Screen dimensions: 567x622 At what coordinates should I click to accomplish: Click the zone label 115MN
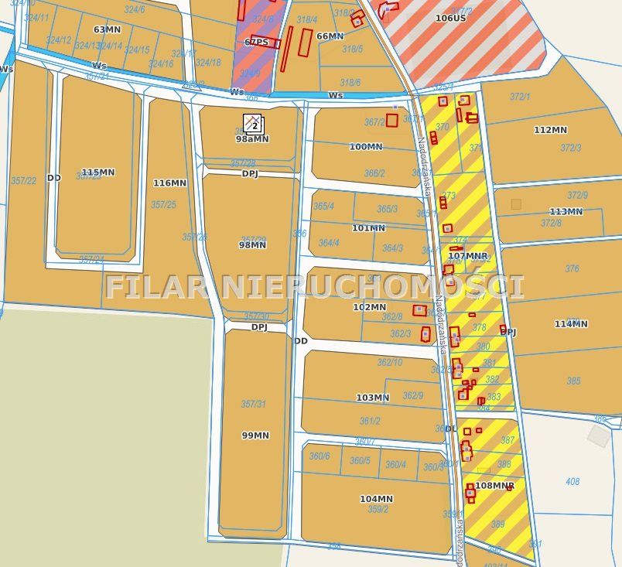coord(97,172)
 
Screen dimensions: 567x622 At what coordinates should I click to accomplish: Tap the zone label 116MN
coord(169,183)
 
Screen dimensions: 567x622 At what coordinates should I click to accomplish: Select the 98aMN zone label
coord(252,139)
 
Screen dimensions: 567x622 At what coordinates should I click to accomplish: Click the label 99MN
coord(255,435)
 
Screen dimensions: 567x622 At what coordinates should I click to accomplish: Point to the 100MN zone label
coord(365,146)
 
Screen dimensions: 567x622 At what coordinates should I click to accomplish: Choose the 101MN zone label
coord(368,228)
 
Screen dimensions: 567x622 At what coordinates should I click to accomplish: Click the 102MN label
coord(369,307)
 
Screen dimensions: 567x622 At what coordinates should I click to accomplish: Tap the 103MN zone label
coord(372,398)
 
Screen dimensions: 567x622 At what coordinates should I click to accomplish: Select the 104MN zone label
coord(376,499)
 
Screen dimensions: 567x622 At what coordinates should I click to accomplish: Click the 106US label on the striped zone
coord(450,17)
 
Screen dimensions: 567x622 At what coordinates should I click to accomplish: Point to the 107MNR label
coord(468,255)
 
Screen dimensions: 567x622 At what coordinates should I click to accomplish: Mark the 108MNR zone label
coord(494,486)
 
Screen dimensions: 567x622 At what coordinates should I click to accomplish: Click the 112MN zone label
coord(551,130)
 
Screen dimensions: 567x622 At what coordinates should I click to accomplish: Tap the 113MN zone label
coord(566,212)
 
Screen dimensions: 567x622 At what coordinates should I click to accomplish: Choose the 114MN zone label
coord(571,324)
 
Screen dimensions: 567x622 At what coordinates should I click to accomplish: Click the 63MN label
coord(107,29)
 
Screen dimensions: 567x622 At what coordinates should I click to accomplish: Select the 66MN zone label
coord(330,36)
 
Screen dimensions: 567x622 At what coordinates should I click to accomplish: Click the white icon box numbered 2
coord(253,124)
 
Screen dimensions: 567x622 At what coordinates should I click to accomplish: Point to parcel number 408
coord(572,482)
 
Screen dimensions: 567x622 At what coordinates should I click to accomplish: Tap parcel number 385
coord(573,381)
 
